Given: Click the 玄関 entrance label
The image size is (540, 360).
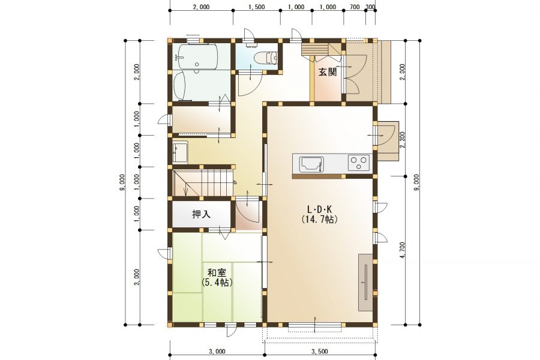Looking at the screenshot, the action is [327, 72].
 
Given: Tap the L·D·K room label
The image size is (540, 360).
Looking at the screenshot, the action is [319, 209].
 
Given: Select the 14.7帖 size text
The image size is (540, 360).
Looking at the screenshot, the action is [319, 220].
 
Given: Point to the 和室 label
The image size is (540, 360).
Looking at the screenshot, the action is [217, 273].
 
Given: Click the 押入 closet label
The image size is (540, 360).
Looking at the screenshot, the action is [201, 214].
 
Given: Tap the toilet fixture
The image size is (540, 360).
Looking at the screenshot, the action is [266, 58].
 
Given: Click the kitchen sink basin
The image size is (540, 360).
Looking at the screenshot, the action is [311, 164].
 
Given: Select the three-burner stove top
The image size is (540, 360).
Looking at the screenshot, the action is [359, 163].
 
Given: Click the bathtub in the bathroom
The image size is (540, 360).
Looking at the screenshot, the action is [197, 56].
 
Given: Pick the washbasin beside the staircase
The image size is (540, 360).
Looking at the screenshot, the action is [180, 151].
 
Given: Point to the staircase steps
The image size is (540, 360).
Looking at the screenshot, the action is [204, 182].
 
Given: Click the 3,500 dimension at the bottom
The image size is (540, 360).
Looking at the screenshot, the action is [320, 352].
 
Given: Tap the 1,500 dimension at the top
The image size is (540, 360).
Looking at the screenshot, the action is [256, 7].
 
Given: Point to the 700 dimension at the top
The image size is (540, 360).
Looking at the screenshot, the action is [355, 7].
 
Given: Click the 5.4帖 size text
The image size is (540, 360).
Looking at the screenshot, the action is [217, 283].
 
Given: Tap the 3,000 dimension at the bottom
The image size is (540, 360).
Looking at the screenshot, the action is [217, 352].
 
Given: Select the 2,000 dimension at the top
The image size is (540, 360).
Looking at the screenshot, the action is [201, 7].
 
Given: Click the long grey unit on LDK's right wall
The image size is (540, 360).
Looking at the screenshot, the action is [365, 282].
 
